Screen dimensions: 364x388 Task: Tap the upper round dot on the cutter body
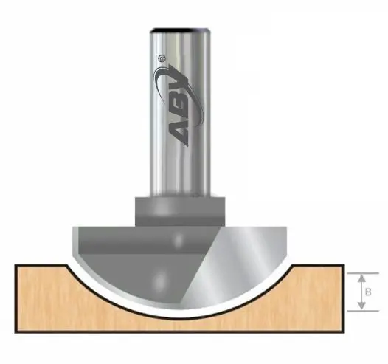click(x=176, y=240)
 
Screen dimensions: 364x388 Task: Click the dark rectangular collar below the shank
click(x=177, y=210)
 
